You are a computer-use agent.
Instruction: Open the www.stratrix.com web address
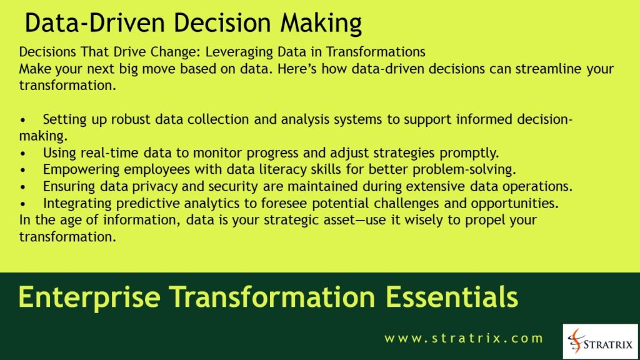pos(464,339)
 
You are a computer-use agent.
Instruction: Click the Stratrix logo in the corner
pos(600,341)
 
